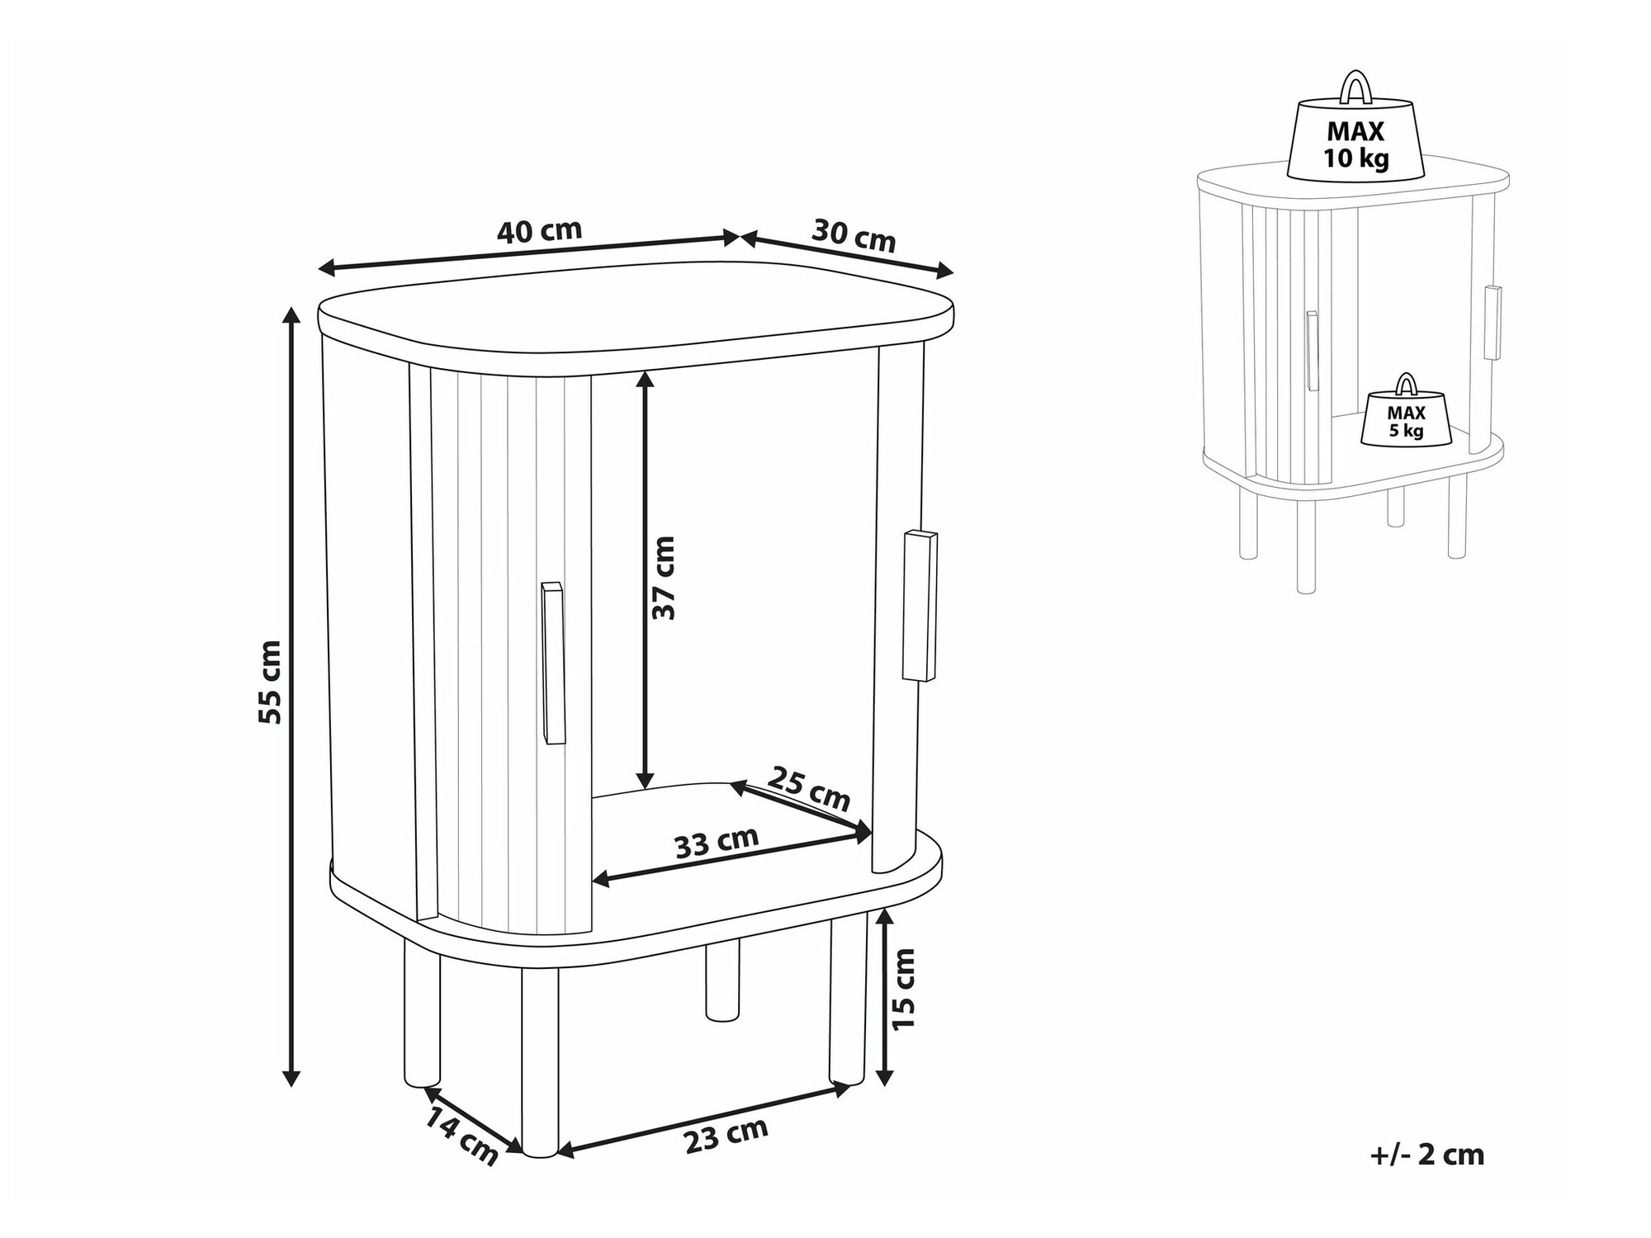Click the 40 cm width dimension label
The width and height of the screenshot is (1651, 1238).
540,231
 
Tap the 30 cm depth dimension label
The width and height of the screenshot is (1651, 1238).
854,234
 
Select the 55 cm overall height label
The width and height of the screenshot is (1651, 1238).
270,683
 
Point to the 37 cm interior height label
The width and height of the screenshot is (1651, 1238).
663,578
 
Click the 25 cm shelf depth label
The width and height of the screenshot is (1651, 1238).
809,788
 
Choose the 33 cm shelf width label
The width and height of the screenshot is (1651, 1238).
717,843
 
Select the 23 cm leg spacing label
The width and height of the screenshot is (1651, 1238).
726,1136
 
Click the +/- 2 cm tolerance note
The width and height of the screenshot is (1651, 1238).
1427,1155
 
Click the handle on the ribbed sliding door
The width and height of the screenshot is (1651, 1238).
552,664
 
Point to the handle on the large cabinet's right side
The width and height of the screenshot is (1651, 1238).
920,606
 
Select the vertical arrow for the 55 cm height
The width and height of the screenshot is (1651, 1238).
291,697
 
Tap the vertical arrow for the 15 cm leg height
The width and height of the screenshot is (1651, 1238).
885,996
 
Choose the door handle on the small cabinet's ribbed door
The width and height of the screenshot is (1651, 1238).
1311,351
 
